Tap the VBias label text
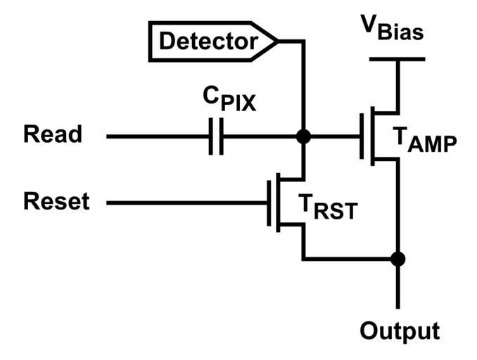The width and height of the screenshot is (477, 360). click(393, 27)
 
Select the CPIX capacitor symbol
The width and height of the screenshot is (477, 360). click(217, 136)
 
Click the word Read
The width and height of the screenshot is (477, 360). click(53, 134)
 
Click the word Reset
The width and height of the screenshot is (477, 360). click(56, 202)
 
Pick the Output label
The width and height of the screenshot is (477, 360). click(399, 330)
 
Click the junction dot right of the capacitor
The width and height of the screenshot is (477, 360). click(303, 136)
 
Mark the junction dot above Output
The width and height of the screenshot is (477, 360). click(398, 259)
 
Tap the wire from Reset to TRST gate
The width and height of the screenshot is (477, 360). click(186, 203)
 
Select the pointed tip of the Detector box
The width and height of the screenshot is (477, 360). click(278, 41)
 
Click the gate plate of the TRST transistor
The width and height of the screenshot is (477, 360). click(269, 203)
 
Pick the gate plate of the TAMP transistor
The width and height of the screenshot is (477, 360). click(363, 136)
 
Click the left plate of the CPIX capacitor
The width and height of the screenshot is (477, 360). click(212, 136)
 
